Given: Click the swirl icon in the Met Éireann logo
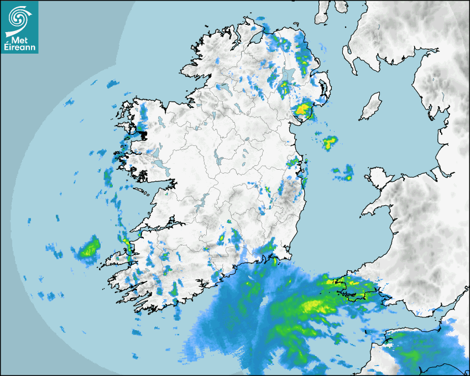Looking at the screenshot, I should [x=19, y=17].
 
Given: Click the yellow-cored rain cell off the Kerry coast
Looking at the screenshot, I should [x=88, y=249].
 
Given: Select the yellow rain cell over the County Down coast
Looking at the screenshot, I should [x=302, y=109].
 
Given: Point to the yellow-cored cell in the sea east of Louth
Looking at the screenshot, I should [x=330, y=143].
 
